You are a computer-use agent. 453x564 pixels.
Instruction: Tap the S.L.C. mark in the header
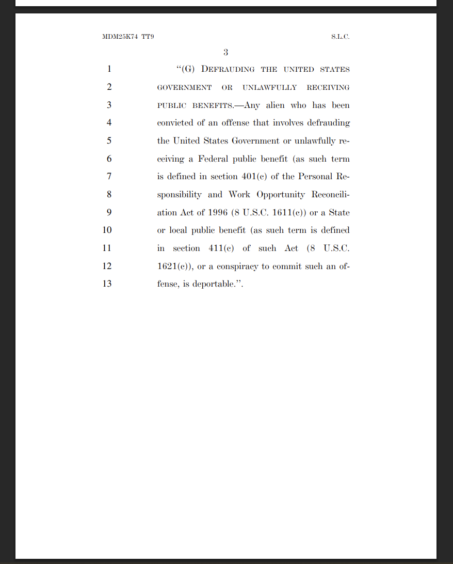(x=341, y=37)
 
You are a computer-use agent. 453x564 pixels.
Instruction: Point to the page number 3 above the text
(x=226, y=52)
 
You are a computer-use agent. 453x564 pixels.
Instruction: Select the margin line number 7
(x=109, y=177)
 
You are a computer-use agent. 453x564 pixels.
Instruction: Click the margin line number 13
(x=107, y=284)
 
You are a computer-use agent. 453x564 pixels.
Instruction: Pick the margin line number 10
(x=107, y=230)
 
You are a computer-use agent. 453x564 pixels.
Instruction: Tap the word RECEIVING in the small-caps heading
(x=328, y=87)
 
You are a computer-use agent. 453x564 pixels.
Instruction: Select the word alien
(x=275, y=105)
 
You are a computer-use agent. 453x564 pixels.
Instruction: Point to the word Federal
(x=213, y=159)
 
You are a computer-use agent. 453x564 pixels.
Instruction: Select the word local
(x=179, y=230)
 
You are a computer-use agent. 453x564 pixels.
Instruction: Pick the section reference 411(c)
(x=221, y=248)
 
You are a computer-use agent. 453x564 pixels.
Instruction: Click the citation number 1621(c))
(x=175, y=267)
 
